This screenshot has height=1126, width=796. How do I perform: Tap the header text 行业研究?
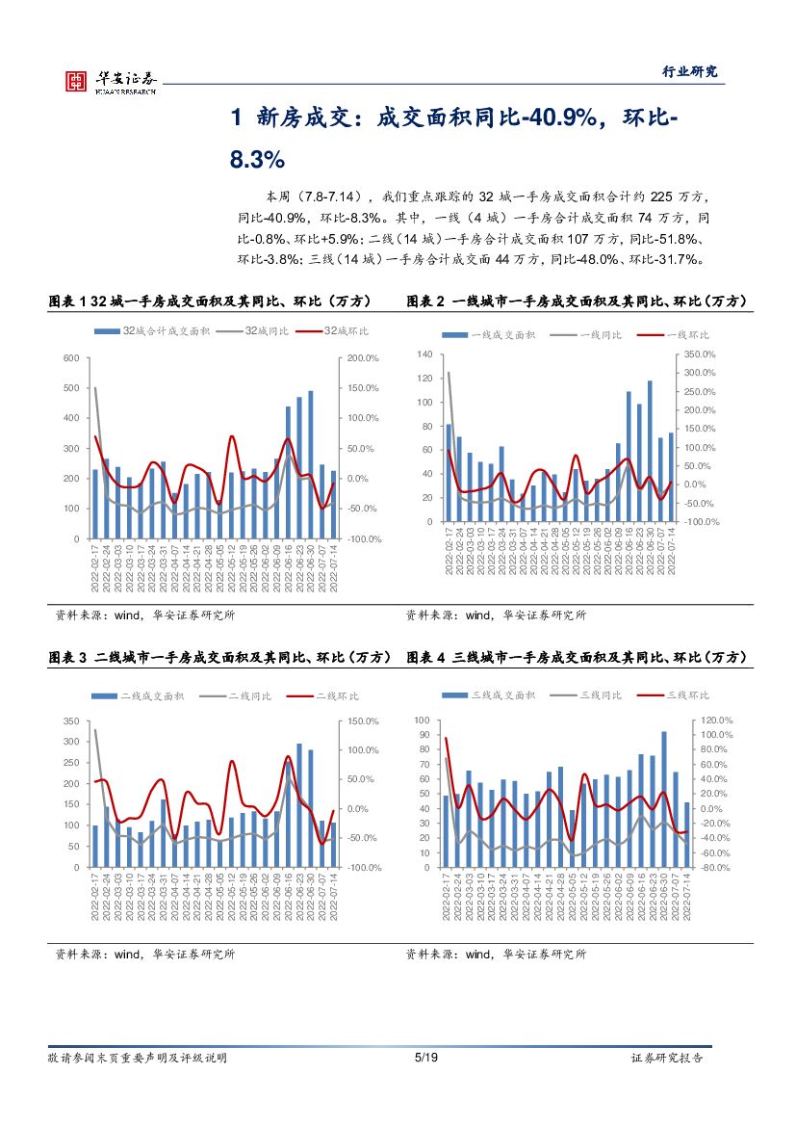coord(690,71)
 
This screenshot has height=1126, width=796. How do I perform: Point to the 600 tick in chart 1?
coord(70,358)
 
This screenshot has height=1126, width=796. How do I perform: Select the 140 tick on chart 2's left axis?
coord(425,354)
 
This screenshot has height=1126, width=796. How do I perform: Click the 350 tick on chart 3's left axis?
coord(70,721)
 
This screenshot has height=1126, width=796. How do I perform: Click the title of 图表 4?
coord(577,657)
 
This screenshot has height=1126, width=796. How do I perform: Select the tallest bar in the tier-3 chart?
coord(664,799)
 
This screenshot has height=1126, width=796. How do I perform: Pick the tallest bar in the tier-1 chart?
coord(650,451)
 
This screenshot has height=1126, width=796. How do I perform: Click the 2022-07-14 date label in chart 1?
coord(333,570)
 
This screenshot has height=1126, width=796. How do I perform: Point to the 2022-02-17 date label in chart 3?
coord(94,899)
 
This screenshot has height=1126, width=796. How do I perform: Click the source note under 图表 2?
coord(496,615)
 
